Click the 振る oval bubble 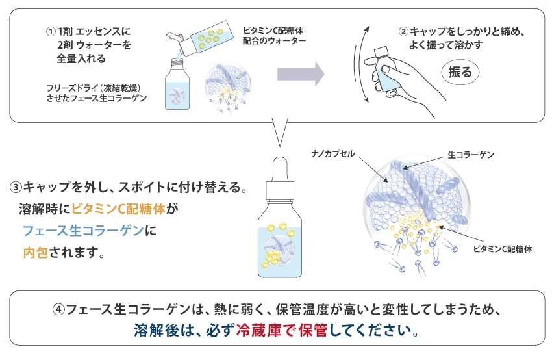460,72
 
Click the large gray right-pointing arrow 300,73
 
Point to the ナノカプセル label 333,154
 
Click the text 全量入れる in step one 81,58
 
